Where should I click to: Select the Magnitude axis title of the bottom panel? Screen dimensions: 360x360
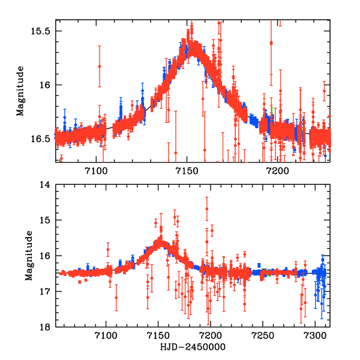coord(28,256)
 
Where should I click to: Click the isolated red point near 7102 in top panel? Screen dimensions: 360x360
coord(100,66)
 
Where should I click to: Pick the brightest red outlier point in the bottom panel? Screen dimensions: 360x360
coord(207,209)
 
